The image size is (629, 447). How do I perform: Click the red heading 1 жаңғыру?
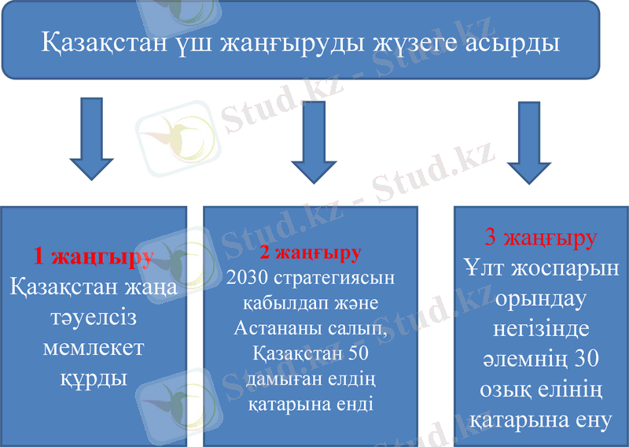click(x=93, y=257)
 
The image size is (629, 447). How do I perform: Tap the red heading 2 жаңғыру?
click(x=310, y=253)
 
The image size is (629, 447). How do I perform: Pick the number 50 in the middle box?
click(x=358, y=354)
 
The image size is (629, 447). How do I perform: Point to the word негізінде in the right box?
click(x=540, y=329)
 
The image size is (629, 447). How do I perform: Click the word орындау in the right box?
click(x=540, y=299)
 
